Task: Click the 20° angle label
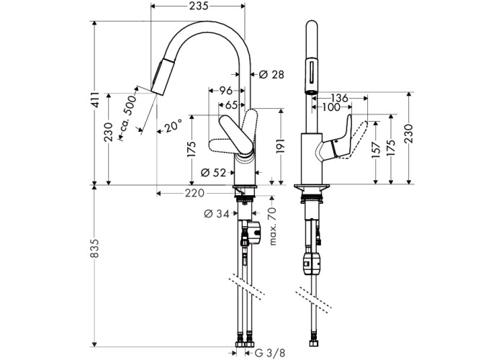(171, 127)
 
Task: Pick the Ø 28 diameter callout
(271, 74)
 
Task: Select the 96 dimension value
(225, 91)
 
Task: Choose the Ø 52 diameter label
(214, 171)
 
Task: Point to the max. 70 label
(273, 227)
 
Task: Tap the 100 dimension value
(331, 107)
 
